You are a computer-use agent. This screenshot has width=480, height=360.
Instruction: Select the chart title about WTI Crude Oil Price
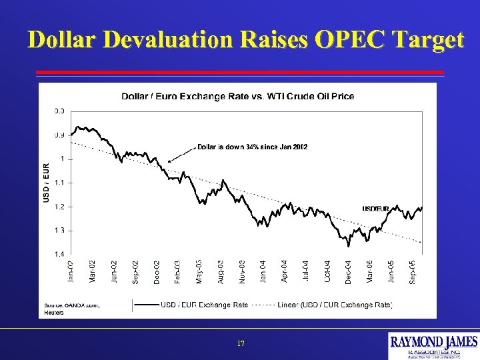pyautogui.click(x=237, y=96)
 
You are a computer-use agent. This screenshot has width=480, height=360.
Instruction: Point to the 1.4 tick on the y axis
pyautogui.click(x=59, y=254)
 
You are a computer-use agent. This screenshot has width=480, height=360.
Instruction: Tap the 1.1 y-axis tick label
pyautogui.click(x=59, y=183)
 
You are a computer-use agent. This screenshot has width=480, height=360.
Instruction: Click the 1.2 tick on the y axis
pyautogui.click(x=59, y=207)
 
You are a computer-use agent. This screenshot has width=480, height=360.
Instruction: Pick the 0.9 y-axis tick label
pyautogui.click(x=59, y=135)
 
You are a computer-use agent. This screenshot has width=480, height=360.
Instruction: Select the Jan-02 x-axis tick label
pyautogui.click(x=71, y=273)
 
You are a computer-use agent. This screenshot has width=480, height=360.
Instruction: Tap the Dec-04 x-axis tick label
pyautogui.click(x=349, y=273)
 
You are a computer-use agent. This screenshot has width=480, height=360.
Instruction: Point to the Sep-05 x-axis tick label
pyautogui.click(x=413, y=273)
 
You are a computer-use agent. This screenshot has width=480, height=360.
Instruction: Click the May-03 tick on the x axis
pyautogui.click(x=199, y=273)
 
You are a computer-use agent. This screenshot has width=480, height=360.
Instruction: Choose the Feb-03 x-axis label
pyautogui.click(x=177, y=273)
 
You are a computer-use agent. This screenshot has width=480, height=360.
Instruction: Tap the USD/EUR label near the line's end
pyautogui.click(x=376, y=209)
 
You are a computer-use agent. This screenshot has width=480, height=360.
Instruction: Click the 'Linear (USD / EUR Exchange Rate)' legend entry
pyautogui.click(x=335, y=305)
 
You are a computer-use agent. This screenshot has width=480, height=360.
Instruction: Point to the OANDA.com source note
pyautogui.click(x=71, y=305)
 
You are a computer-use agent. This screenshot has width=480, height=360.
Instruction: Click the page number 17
pyautogui.click(x=241, y=344)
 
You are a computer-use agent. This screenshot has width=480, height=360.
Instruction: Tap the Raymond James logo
pyautogui.click(x=433, y=345)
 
